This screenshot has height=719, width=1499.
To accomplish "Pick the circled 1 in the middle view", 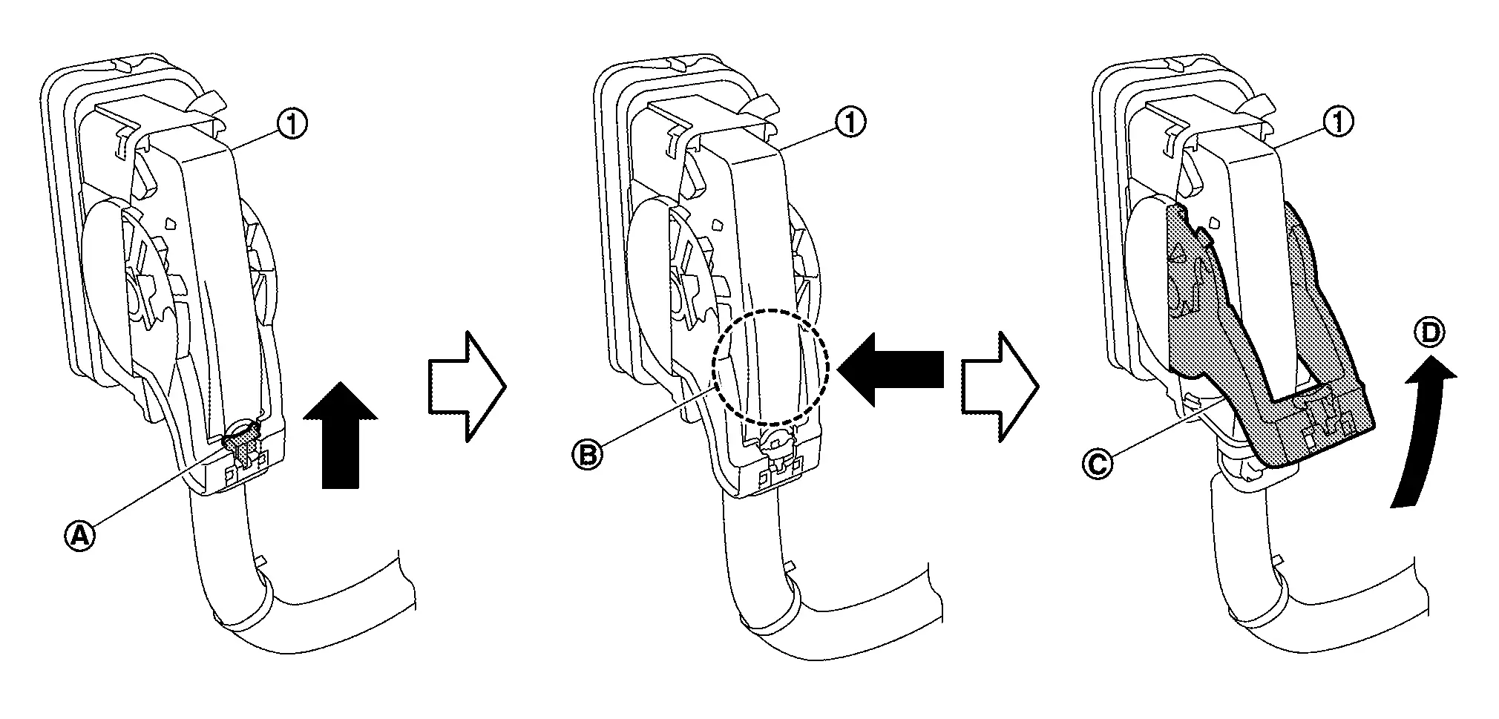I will click(850, 122).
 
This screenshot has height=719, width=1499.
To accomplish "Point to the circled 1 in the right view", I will click(1338, 122).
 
